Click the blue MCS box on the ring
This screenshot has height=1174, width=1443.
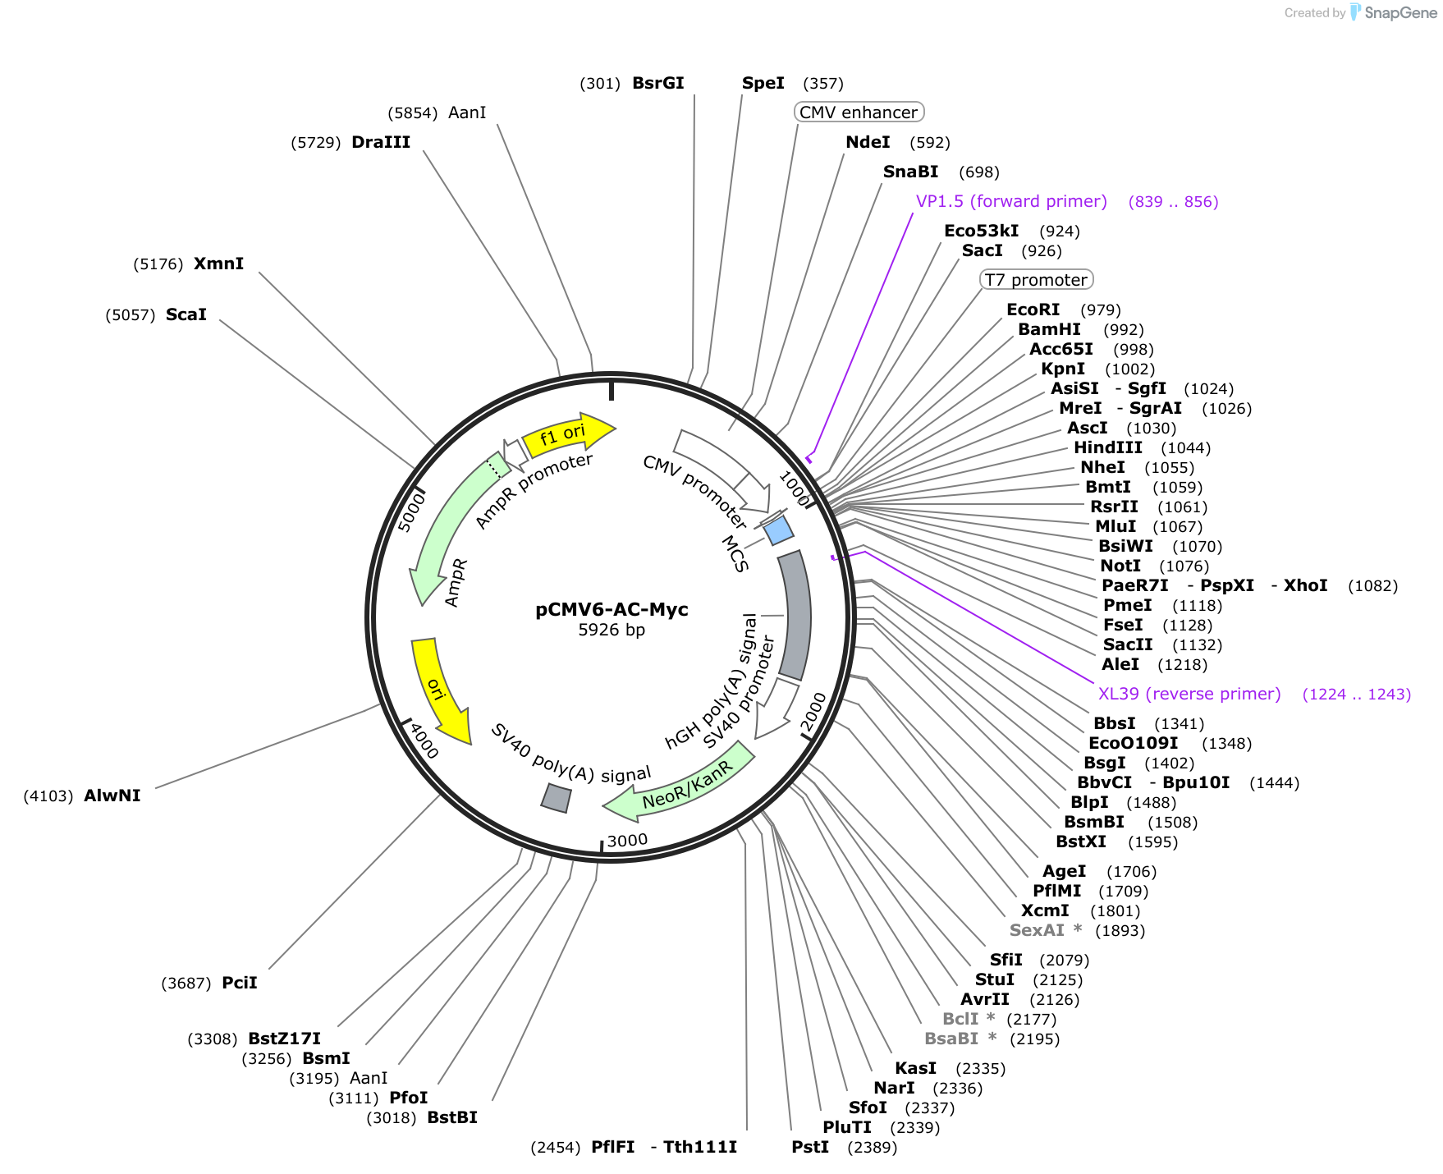point(778,530)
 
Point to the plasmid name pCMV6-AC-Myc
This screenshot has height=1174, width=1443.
point(612,609)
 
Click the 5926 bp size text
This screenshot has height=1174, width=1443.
point(612,630)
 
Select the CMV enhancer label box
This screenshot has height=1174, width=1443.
point(859,112)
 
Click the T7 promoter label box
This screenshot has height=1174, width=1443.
point(1037,280)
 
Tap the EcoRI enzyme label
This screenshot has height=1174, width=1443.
point(1033,310)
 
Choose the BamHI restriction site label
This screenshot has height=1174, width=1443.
point(1049,329)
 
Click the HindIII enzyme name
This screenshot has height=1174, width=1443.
point(1107,447)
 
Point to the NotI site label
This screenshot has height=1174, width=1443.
point(1120,566)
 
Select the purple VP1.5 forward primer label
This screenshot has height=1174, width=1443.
point(1011,201)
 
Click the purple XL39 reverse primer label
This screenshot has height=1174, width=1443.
point(1189,694)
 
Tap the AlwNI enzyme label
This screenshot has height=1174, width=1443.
point(112,796)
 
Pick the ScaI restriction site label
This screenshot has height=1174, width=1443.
point(186,314)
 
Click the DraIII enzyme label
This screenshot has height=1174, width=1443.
point(380,142)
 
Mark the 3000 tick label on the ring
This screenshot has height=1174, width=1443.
point(627,841)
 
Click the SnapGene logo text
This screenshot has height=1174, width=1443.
point(1400,13)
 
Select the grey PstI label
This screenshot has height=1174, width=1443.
point(809,1147)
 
